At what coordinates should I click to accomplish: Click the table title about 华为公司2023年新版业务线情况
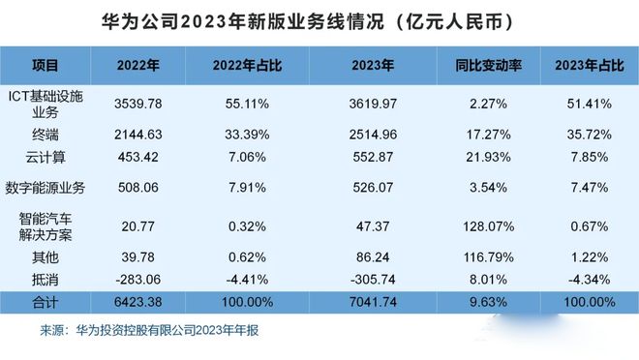click(x=319, y=18)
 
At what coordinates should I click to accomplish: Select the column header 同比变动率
click(x=489, y=67)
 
